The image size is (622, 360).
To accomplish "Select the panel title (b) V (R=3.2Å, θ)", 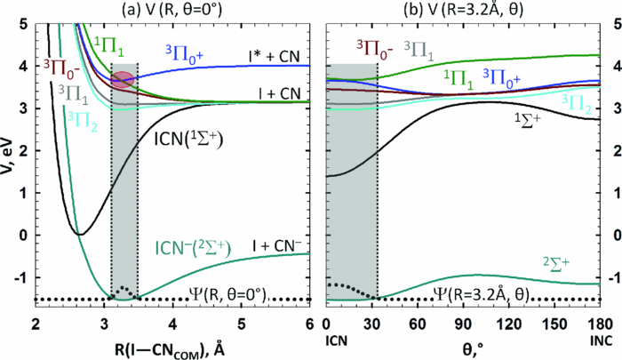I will click(x=466, y=11).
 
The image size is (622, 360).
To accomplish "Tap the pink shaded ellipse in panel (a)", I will click(x=124, y=79).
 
